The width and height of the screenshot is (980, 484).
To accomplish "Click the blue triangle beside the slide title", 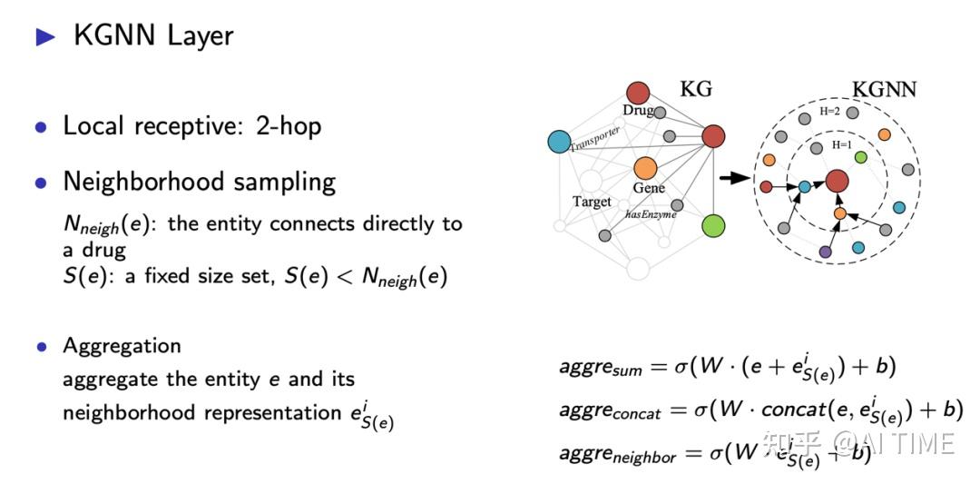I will [x=44, y=36].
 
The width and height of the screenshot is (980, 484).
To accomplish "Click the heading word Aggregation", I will [x=122, y=346].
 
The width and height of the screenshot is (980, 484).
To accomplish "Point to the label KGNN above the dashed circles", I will [x=884, y=89].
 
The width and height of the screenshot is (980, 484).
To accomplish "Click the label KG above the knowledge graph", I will [x=696, y=89].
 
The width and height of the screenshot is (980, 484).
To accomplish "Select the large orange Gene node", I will [x=645, y=168].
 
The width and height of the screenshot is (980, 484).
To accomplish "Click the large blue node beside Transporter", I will [x=560, y=142].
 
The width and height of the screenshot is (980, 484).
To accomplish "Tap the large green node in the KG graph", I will [x=713, y=225].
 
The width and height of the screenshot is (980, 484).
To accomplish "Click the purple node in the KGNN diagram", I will [x=825, y=252].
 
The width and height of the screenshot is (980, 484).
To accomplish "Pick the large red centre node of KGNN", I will [x=837, y=180].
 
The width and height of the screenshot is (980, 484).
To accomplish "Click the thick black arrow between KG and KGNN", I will [x=731, y=178].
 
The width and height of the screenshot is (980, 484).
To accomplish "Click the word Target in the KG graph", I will [x=592, y=202].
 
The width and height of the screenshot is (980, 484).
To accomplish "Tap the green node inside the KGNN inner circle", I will [x=860, y=157].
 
